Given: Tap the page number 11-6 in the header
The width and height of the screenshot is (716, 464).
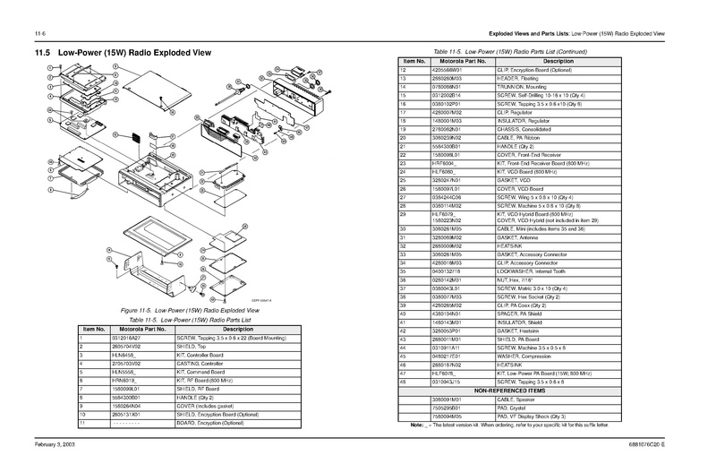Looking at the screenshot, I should click(x=39, y=33).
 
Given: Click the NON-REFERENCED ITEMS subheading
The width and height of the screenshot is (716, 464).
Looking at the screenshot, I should click(x=536, y=390).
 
